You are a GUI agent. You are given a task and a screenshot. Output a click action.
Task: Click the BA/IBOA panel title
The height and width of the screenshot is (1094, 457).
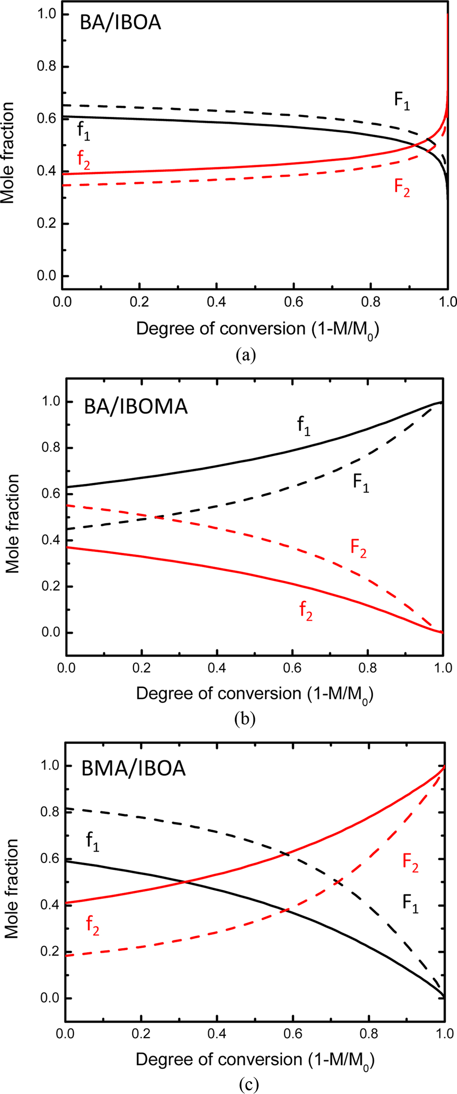point(121,23)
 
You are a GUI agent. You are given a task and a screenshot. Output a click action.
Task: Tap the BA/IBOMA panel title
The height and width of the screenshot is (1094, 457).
point(136,406)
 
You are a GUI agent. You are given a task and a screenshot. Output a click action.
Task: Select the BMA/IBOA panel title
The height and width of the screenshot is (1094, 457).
point(134,768)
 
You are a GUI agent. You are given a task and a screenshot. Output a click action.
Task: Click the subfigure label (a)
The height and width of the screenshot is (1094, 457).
point(246,355)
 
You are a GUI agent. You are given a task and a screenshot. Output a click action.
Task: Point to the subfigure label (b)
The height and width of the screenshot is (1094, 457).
point(245,719)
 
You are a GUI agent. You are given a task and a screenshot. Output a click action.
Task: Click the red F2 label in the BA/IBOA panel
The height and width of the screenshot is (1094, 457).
point(402,187)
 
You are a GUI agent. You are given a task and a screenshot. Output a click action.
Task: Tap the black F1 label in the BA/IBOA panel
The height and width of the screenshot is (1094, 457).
point(402,101)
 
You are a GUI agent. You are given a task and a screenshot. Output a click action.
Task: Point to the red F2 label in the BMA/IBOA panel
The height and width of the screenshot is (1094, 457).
point(410,863)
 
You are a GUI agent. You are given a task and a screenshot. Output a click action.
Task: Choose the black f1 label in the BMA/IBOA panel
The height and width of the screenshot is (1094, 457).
point(93,841)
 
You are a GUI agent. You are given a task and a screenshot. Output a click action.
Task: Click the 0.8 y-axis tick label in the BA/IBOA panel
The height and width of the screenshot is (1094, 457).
point(47,67)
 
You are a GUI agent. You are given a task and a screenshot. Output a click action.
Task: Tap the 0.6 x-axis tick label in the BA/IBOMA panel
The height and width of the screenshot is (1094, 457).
point(292,668)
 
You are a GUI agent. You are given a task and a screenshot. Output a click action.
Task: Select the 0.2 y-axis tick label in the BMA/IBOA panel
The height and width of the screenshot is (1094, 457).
point(49,951)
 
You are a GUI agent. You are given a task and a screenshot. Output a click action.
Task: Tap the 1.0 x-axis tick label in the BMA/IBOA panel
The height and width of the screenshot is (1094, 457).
point(445,1034)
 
